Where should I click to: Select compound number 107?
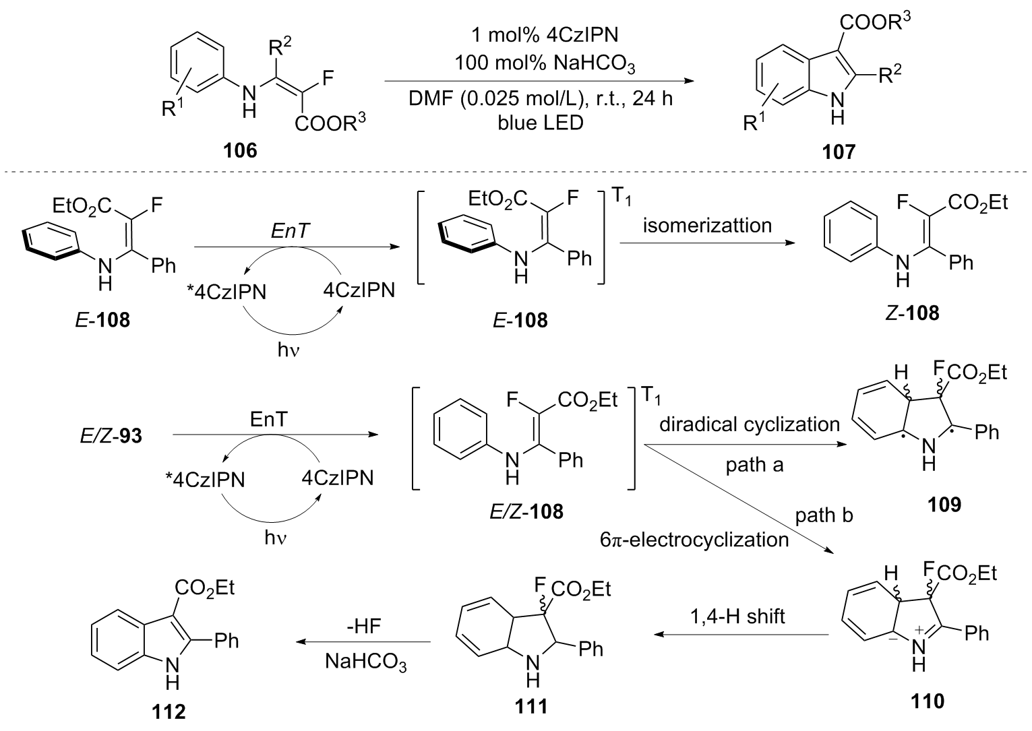click(x=839, y=151)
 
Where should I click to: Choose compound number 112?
click(x=169, y=711)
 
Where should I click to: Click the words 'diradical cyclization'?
click(x=749, y=424)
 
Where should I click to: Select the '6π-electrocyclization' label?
click(x=694, y=539)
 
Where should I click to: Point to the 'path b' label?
click(x=824, y=515)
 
